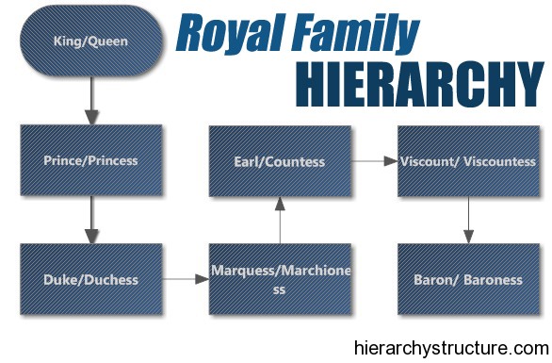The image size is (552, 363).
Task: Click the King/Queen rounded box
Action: pos(90,41)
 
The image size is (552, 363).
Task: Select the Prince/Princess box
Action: pos(90,161)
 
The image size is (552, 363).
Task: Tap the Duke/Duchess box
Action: pos(90,279)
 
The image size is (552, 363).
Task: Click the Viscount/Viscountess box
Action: pos(467,161)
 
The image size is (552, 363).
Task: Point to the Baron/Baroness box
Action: pos(467,279)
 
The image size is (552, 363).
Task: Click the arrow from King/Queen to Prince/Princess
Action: pos(90,101)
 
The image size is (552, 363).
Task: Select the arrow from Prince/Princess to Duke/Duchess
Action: pos(90,220)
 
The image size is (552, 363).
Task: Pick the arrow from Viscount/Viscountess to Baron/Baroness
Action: pos(467,220)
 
